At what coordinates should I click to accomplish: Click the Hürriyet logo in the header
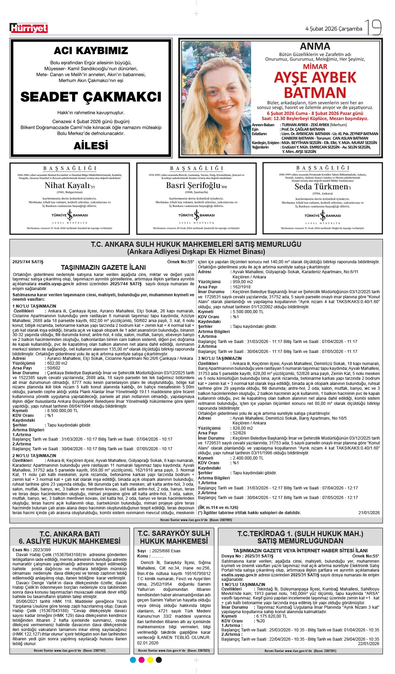click(29, 28)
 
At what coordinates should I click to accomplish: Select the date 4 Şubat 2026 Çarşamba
click(334, 29)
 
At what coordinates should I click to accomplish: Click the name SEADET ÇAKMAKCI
click(91, 97)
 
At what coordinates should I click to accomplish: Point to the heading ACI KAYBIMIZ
click(91, 51)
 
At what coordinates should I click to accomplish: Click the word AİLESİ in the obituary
click(91, 146)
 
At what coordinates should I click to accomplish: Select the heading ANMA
click(315, 46)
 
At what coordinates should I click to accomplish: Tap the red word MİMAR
click(315, 67)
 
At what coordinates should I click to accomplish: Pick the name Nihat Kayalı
click(67, 186)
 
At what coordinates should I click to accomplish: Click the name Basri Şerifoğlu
click(193, 186)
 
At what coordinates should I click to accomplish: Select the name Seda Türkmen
click(321, 187)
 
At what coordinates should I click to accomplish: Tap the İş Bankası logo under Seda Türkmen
click(323, 216)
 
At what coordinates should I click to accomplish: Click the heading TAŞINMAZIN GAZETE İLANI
click(103, 267)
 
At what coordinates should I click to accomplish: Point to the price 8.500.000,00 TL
click(63, 411)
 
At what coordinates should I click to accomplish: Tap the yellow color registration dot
click(150, 660)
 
